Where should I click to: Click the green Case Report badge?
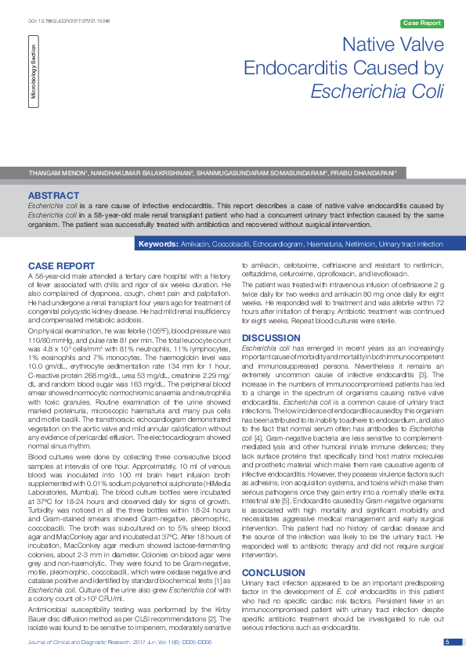click(421, 23)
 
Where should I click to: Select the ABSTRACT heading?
click(53, 195)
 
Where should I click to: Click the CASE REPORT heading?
click(61, 266)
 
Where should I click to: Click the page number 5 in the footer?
click(447, 642)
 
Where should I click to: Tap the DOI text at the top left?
click(60, 9)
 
